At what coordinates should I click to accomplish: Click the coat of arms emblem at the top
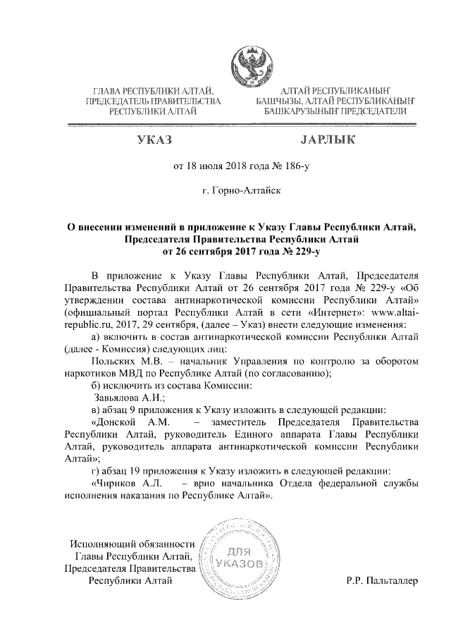tap(250, 68)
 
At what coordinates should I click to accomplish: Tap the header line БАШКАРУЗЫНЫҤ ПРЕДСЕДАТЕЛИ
tap(337, 111)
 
